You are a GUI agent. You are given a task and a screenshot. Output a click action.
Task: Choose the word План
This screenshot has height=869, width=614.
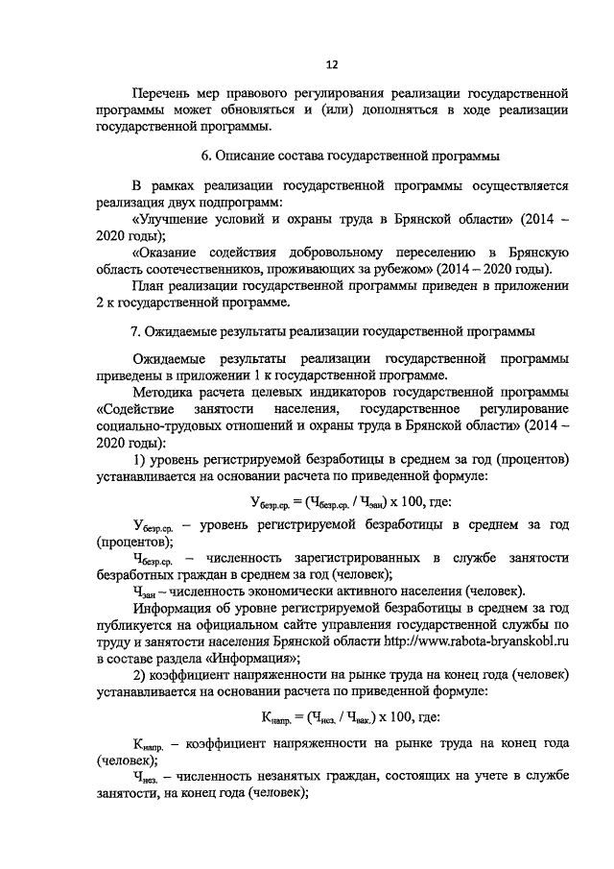coord(151,286)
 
